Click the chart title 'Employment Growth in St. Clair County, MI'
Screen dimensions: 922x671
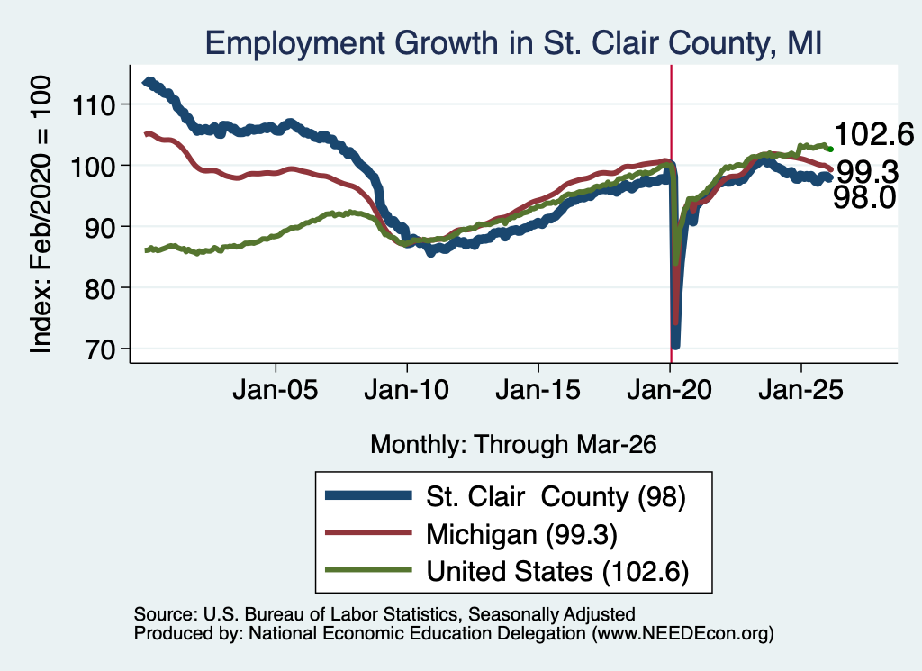tap(513, 43)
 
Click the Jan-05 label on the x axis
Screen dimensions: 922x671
tap(276, 389)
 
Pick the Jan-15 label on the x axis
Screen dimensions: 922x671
tap(538, 389)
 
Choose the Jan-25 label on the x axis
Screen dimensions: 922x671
tap(800, 389)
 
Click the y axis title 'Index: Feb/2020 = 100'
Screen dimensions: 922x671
tap(41, 214)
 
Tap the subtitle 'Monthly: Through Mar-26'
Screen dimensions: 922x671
tap(513, 444)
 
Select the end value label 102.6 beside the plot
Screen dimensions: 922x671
tap(873, 134)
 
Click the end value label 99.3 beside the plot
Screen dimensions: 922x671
tap(867, 172)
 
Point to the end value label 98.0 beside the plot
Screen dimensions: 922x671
tap(864, 197)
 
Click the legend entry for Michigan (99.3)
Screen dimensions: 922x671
tap(521, 535)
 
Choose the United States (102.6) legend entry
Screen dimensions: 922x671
tap(557, 572)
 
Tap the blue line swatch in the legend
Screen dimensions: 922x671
tap(368, 495)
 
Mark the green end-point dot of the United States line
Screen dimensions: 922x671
tap(830, 149)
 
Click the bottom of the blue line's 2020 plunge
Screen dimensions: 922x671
tap(675, 345)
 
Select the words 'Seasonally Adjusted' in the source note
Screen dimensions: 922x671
tap(552, 614)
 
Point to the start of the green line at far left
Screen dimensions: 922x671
tap(146, 250)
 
